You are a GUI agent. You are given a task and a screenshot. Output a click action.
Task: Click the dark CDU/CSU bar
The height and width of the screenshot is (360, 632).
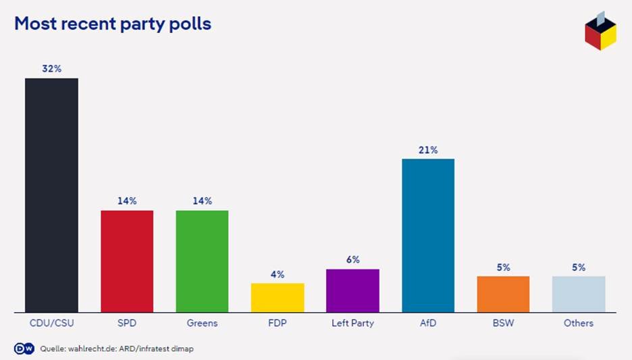[x=51, y=195]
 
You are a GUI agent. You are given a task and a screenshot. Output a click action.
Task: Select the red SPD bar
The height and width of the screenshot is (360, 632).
[x=127, y=261]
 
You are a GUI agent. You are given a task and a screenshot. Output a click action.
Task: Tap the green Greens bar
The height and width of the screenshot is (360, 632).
[x=202, y=261]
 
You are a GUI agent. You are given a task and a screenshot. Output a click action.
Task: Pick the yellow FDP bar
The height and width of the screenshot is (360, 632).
[x=278, y=298]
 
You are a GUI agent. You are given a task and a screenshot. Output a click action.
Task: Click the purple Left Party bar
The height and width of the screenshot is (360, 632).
[x=352, y=290]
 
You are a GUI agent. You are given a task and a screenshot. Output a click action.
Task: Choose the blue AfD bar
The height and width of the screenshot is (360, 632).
[x=428, y=236]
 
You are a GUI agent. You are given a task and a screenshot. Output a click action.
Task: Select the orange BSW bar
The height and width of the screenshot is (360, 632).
[x=503, y=294]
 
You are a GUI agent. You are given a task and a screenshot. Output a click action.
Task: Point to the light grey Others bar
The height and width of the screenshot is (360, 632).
[x=579, y=294]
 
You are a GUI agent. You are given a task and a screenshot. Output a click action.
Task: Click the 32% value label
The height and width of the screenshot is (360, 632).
[x=51, y=68]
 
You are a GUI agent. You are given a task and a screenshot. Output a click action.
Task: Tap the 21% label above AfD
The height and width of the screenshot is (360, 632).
[x=428, y=150]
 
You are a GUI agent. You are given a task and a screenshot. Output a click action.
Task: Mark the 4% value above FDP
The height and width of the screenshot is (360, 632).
[x=278, y=274]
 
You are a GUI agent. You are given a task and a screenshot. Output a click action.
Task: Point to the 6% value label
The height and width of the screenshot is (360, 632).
[x=352, y=260]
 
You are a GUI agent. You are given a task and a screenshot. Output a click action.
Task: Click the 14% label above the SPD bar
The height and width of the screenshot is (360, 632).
[x=127, y=201]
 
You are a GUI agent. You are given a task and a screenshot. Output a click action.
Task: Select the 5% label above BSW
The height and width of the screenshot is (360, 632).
[x=503, y=267]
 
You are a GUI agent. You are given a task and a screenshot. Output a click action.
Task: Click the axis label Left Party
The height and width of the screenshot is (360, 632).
[x=352, y=323]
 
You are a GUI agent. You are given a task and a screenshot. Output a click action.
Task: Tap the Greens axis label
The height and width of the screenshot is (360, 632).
[x=202, y=323]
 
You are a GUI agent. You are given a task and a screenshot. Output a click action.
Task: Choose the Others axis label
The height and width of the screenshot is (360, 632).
[x=579, y=323]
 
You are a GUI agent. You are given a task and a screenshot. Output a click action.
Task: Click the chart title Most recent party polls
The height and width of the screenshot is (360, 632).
[x=113, y=24]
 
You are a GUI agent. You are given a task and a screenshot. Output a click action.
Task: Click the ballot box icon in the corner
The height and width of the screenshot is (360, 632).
[x=600, y=31]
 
